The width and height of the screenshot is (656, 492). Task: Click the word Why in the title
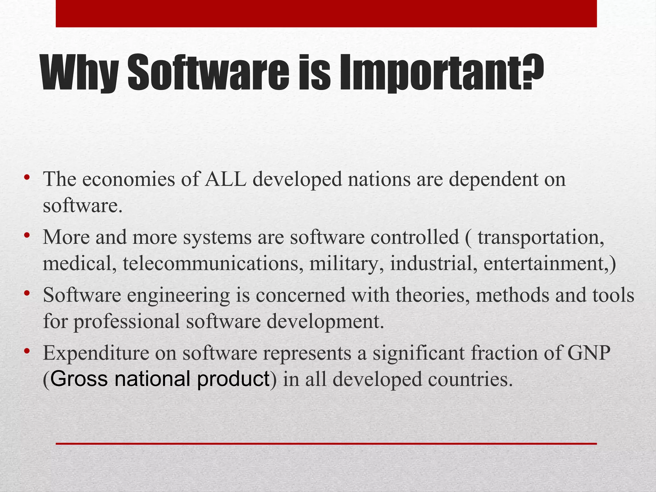tap(80, 73)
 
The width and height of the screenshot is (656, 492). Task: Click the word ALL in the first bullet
tap(225, 179)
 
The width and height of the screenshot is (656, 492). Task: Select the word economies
tap(128, 179)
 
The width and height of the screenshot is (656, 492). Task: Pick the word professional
tap(127, 322)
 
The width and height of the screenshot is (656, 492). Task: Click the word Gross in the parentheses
tap(79, 379)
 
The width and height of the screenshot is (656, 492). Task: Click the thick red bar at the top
tap(326, 13)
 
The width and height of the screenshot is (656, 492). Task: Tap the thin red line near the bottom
tap(326, 444)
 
